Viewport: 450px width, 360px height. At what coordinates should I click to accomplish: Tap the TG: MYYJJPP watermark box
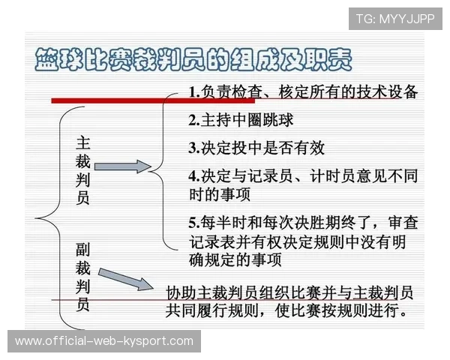395,18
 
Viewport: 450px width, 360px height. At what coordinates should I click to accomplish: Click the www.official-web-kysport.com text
104,341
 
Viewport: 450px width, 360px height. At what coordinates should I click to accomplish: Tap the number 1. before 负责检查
193,93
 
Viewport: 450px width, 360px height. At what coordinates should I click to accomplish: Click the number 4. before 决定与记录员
193,175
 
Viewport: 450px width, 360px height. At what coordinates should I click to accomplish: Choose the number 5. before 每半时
193,222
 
